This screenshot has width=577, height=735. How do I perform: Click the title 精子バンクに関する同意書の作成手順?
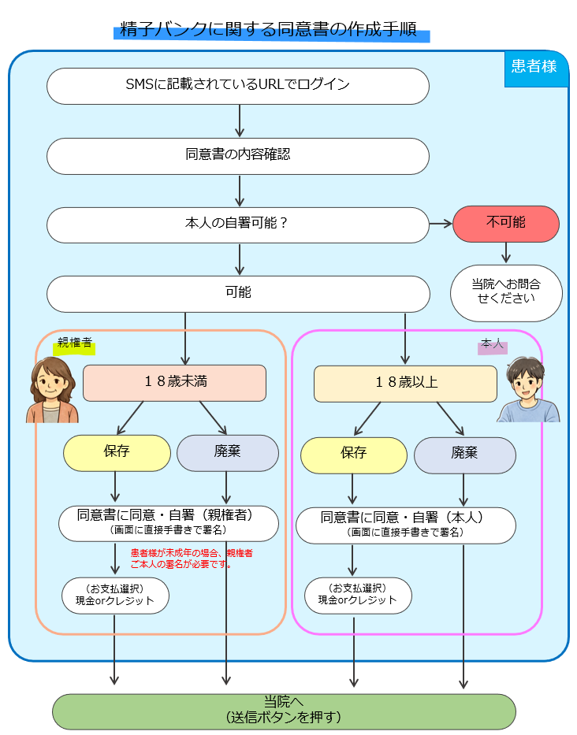(272, 32)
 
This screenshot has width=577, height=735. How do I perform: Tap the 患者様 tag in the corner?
(534, 67)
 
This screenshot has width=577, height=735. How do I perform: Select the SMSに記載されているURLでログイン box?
(237, 85)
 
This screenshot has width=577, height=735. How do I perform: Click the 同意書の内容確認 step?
(237, 155)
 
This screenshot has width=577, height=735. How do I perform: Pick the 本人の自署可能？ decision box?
(237, 224)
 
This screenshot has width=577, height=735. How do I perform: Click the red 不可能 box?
(505, 224)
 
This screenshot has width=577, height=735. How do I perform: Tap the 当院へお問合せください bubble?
(505, 292)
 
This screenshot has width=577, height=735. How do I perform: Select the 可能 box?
(237, 293)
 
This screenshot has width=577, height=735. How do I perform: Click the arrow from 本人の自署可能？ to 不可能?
(441, 224)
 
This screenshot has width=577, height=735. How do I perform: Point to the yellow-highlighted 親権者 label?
(73, 343)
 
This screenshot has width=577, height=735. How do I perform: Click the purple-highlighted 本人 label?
(492, 346)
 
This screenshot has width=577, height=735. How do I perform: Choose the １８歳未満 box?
(174, 383)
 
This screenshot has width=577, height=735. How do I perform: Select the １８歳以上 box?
(405, 384)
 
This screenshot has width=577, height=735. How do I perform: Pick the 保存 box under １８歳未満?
(117, 452)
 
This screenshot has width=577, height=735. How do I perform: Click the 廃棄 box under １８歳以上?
(464, 455)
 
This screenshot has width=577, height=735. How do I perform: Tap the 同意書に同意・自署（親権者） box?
(168, 522)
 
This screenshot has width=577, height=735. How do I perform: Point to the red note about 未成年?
(192, 559)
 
